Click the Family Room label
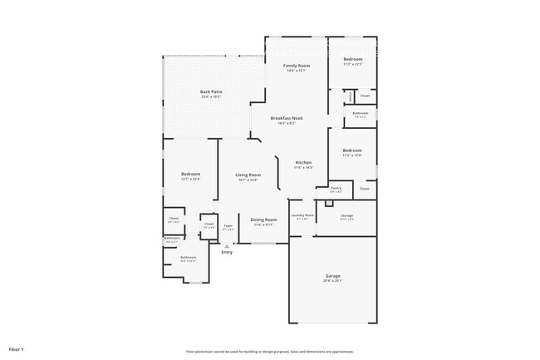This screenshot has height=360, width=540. [297, 65]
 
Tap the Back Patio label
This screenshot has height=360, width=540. [211, 91]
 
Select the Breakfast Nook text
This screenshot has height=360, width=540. [287, 118]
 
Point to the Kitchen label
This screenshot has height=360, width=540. [304, 161]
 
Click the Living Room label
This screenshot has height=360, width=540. [248, 175]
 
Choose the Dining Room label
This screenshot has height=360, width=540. [263, 219]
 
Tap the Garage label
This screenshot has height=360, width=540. [332, 276]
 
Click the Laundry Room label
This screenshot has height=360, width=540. [302, 215]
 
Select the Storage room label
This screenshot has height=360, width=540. [347, 215]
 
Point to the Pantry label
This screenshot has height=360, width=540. [336, 189]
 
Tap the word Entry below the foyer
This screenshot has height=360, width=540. [227, 253]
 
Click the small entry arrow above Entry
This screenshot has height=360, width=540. [227, 246]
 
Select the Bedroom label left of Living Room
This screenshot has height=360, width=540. [190, 174]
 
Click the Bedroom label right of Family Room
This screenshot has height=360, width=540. [353, 59]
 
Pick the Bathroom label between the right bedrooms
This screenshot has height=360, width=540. [360, 113]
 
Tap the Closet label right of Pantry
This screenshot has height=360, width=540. [365, 189]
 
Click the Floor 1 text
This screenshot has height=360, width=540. [17, 348]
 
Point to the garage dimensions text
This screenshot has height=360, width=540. [332, 281]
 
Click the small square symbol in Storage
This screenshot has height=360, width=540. [329, 203]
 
